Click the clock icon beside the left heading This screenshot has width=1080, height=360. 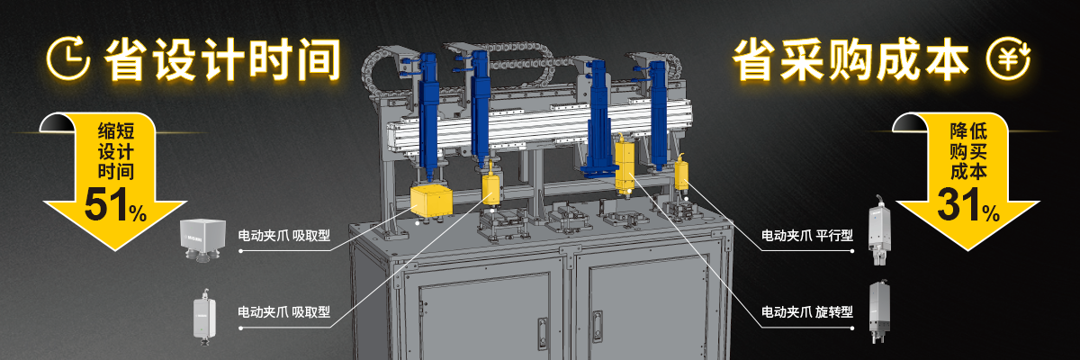(68, 58)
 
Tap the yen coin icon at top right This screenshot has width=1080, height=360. (1008, 58)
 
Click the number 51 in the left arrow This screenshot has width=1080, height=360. (105, 205)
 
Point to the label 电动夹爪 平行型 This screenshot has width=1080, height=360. (807, 236)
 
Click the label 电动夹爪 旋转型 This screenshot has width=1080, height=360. (807, 312)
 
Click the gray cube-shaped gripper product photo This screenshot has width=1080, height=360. (203, 239)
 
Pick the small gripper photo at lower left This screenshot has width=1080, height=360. (204, 317)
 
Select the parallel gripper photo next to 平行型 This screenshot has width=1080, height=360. (880, 230)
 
